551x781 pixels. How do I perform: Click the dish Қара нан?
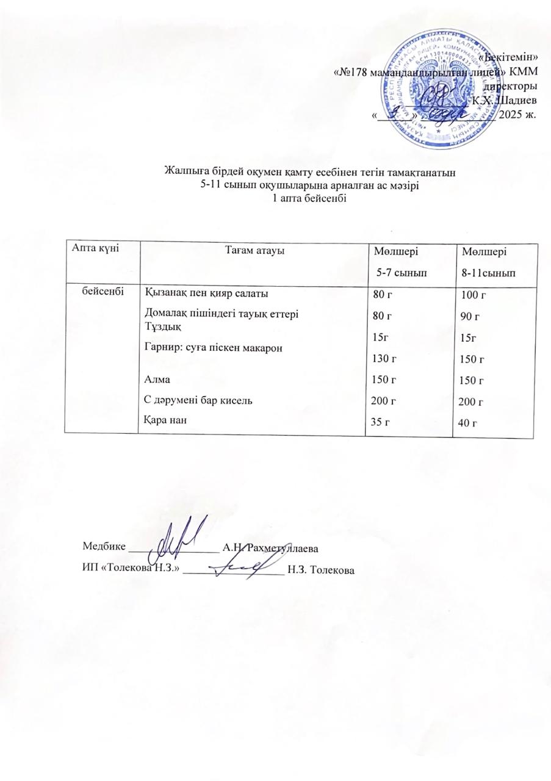tap(164, 419)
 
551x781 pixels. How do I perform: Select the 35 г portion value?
tap(381, 422)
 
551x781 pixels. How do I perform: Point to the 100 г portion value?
tap(476, 296)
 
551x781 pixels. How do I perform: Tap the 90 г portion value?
tap(473, 317)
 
